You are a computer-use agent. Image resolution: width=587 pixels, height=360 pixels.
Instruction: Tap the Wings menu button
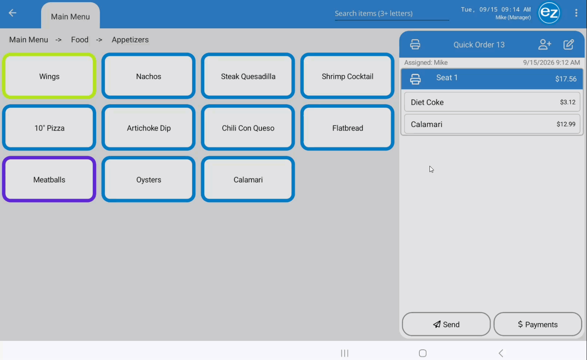(49, 76)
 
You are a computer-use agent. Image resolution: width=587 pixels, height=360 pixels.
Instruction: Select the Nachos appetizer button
(148, 76)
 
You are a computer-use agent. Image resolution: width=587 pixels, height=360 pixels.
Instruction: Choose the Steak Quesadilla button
(248, 76)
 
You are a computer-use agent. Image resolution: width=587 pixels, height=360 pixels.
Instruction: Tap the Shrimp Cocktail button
(347, 76)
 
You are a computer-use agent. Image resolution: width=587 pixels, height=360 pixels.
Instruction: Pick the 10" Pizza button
(49, 128)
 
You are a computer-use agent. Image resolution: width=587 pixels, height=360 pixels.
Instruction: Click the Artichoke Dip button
(148, 128)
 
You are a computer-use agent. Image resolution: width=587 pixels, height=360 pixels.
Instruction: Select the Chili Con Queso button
(248, 128)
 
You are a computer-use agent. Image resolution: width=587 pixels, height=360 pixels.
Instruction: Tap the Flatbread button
(347, 128)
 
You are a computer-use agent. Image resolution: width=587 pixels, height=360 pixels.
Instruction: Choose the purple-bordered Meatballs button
(49, 179)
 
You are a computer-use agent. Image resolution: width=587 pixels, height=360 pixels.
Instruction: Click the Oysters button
(148, 179)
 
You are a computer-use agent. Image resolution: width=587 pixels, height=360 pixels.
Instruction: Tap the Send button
(446, 324)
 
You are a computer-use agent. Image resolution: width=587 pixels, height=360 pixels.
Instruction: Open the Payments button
(538, 324)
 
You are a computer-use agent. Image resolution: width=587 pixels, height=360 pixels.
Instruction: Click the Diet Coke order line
(492, 102)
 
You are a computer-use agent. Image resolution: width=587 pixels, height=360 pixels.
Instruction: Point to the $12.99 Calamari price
(566, 124)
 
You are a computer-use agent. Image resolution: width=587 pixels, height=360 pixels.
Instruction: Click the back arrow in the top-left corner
(12, 13)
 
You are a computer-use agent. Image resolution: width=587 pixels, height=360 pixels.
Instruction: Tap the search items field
(392, 13)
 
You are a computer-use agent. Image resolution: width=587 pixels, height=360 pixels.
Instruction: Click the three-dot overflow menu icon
(576, 13)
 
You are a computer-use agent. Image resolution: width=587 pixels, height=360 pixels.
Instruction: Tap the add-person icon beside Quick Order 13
(545, 44)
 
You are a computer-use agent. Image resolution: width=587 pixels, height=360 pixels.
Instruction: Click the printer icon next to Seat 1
(415, 79)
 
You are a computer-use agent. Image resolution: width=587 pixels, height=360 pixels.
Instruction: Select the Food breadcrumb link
(80, 40)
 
